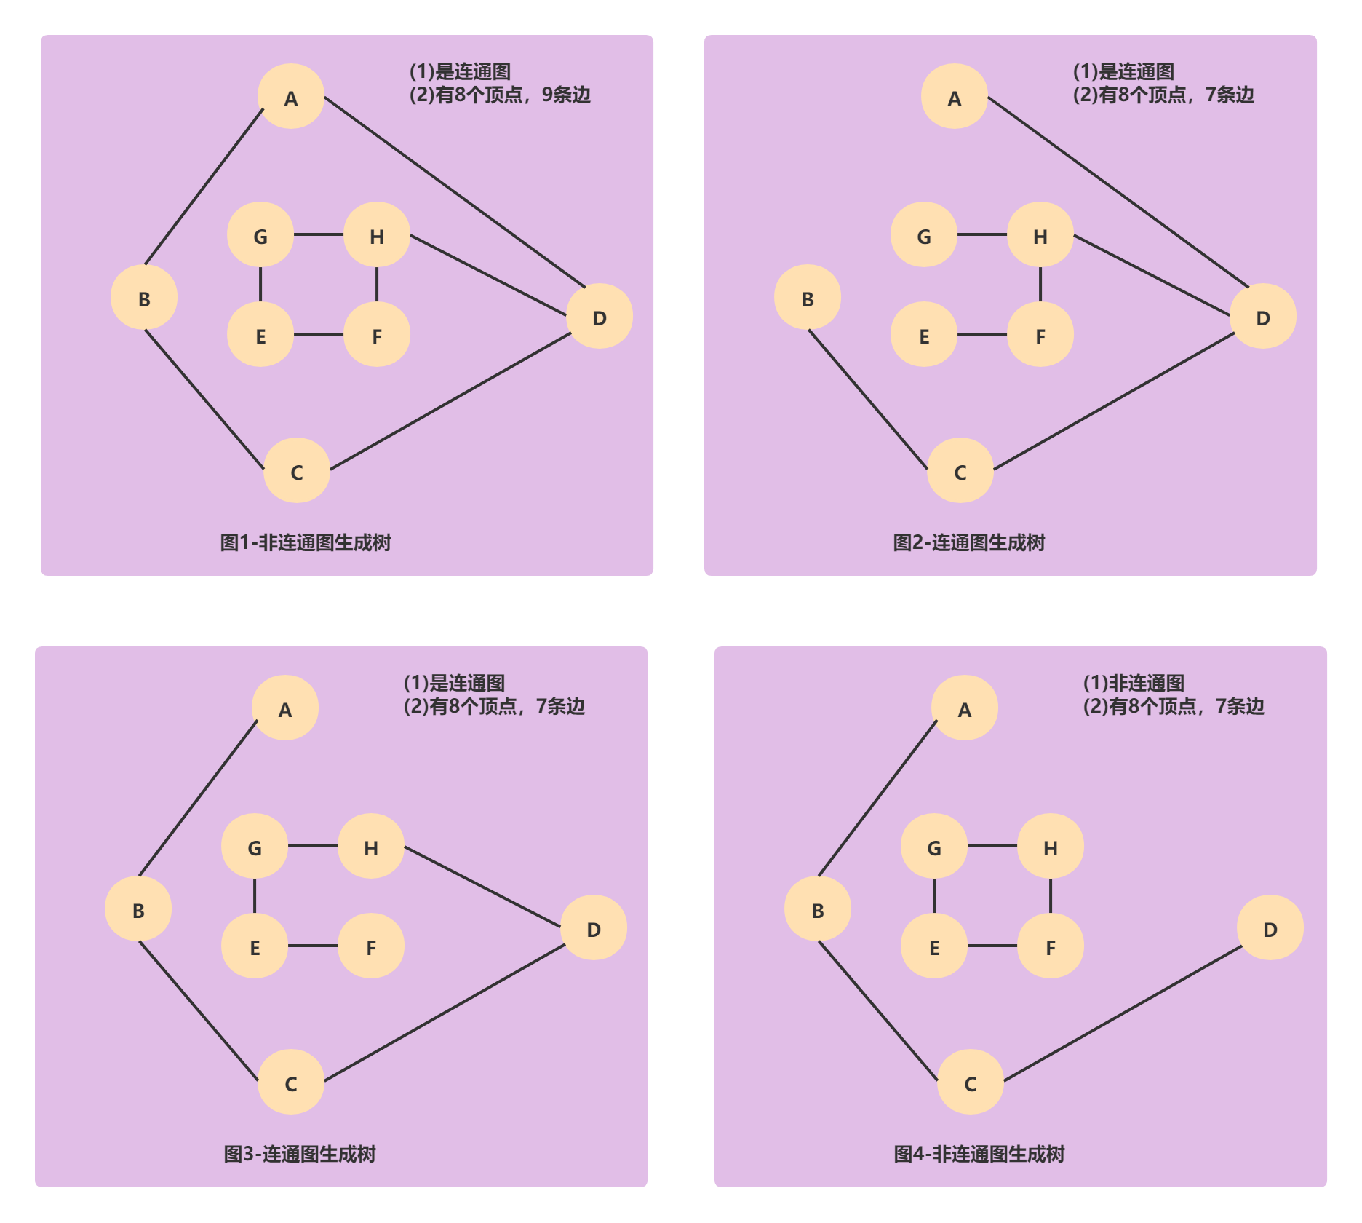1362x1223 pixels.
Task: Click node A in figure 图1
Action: tap(291, 97)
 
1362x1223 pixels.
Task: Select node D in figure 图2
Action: tap(1263, 317)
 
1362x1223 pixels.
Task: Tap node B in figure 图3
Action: tap(138, 909)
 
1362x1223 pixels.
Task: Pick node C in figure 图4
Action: tap(971, 1083)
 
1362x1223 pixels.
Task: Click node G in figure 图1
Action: tap(260, 235)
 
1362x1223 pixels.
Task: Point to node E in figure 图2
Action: tap(924, 335)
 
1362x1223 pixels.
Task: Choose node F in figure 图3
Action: tap(371, 946)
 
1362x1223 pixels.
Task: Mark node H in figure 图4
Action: tap(1051, 847)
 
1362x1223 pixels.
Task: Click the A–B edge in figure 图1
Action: tap(204, 186)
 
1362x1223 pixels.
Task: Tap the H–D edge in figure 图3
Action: tap(482, 887)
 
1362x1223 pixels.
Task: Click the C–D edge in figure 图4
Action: tap(1123, 1013)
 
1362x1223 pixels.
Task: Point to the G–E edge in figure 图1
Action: tap(260, 285)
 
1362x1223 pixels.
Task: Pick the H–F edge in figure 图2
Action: tap(1040, 285)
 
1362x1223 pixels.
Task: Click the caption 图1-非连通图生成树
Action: tap(306, 542)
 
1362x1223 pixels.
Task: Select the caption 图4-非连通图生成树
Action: tap(979, 1154)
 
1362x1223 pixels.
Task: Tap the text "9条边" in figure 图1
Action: tap(566, 95)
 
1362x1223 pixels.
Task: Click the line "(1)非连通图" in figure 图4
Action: tap(1134, 683)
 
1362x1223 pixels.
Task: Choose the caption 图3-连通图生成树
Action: tap(300, 1154)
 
